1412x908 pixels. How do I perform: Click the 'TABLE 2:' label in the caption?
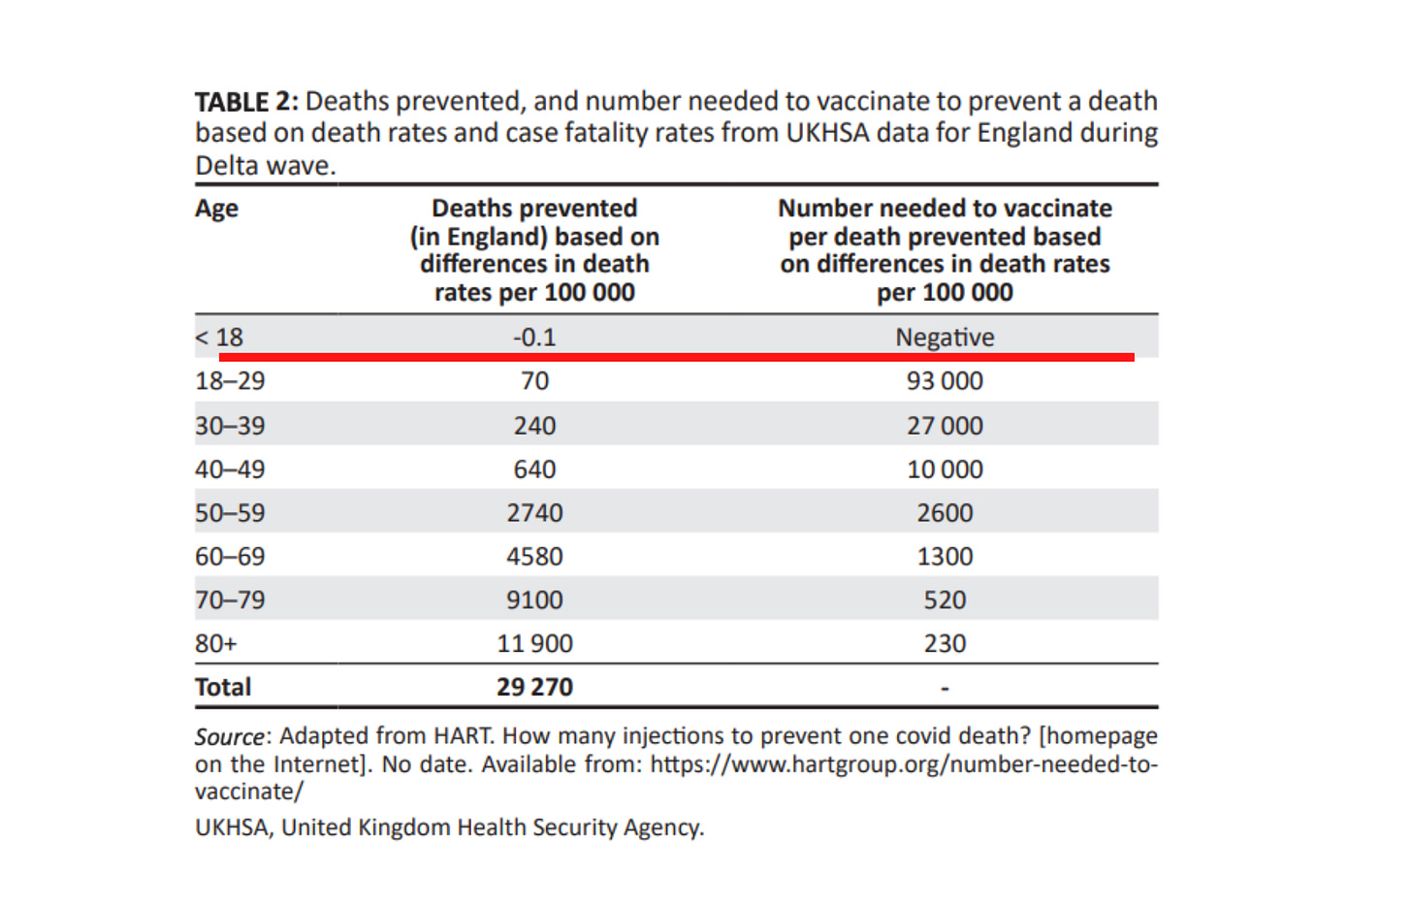(x=246, y=102)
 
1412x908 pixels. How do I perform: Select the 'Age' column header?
(x=216, y=209)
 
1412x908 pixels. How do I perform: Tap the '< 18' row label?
(x=219, y=338)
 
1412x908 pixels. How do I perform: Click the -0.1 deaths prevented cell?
(x=534, y=338)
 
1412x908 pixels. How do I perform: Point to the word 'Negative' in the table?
(x=945, y=338)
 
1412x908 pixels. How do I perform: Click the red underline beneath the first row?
(x=676, y=357)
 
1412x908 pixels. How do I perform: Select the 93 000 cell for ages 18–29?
(x=945, y=381)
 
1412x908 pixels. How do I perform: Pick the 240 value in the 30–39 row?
(x=534, y=426)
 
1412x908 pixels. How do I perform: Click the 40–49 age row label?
(x=230, y=470)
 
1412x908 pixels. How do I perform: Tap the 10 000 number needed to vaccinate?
(x=945, y=470)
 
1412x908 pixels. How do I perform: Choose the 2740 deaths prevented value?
(x=534, y=513)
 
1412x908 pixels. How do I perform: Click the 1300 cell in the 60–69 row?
(x=945, y=557)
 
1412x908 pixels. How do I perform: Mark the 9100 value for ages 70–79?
(x=534, y=600)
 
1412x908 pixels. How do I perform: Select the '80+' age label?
(x=215, y=644)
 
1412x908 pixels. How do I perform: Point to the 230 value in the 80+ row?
(x=945, y=644)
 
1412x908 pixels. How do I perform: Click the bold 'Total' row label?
(x=223, y=688)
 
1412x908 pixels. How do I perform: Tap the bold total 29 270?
(x=534, y=688)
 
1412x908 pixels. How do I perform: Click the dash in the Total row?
(x=945, y=690)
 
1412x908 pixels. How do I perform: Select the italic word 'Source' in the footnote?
(x=229, y=737)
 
